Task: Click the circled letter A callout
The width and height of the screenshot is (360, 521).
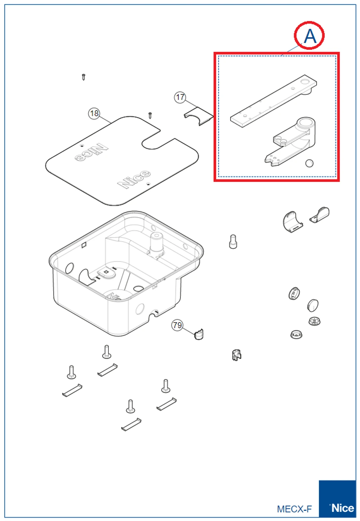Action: click(309, 36)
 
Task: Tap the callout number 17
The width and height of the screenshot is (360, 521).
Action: click(180, 97)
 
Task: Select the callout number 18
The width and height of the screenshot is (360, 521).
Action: click(94, 113)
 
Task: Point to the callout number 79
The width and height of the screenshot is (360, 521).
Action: click(177, 325)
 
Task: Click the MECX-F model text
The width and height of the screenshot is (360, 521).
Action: click(294, 509)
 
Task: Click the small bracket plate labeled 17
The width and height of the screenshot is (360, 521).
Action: click(199, 116)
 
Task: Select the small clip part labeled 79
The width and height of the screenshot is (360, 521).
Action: click(199, 334)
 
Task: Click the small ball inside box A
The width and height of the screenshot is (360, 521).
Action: click(309, 163)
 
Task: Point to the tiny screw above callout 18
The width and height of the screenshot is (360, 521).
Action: click(83, 77)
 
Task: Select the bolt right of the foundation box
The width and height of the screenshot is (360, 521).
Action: click(233, 242)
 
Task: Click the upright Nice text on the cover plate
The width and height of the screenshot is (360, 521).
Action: click(134, 179)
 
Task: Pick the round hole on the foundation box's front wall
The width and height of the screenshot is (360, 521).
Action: click(140, 309)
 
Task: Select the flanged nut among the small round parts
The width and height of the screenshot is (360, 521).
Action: click(314, 321)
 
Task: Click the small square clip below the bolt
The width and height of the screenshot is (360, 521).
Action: click(236, 355)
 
